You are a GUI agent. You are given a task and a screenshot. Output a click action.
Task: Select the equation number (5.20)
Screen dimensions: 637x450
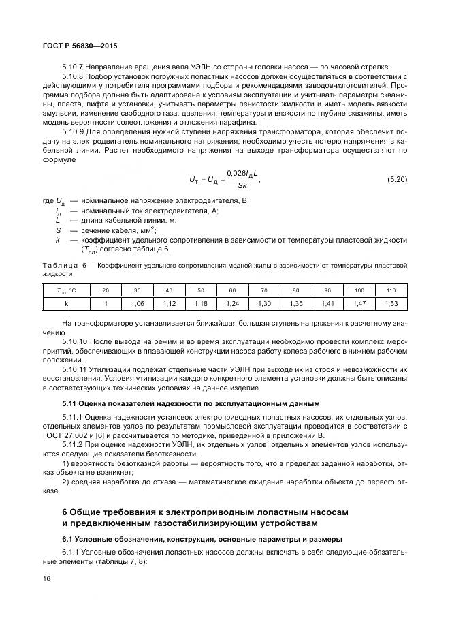pos(396,179)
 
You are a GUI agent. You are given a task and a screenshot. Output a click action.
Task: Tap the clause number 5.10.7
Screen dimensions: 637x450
pos(74,67)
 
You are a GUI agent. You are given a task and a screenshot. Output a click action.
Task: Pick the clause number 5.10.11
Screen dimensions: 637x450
pos(76,369)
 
